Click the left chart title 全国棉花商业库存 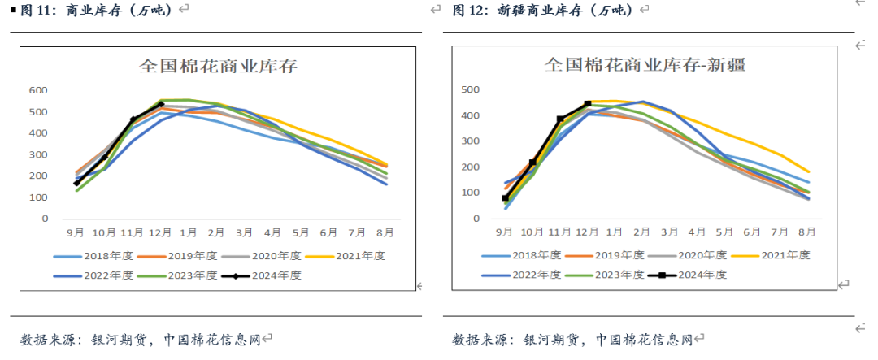click(x=219, y=66)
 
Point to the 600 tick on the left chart click(x=38, y=90)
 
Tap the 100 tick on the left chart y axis click(x=38, y=197)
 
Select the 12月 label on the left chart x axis click(x=161, y=232)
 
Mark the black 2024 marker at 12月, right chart click(x=588, y=104)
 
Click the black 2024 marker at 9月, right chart click(x=505, y=197)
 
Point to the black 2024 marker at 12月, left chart click(x=161, y=104)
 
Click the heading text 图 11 click(x=31, y=10)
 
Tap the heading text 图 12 click(x=469, y=10)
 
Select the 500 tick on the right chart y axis click(x=468, y=89)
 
